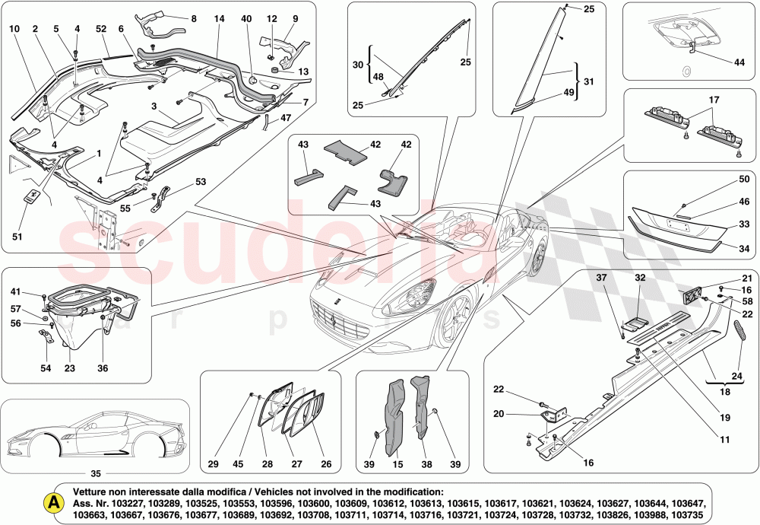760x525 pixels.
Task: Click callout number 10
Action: (14, 29)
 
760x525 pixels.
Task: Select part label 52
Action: (101, 29)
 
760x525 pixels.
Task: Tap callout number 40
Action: (245, 17)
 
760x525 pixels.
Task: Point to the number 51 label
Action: (17, 237)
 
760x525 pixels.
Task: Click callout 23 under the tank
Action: (70, 368)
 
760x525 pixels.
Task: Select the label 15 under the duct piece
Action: (396, 464)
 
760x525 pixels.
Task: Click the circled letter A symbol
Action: (52, 502)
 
